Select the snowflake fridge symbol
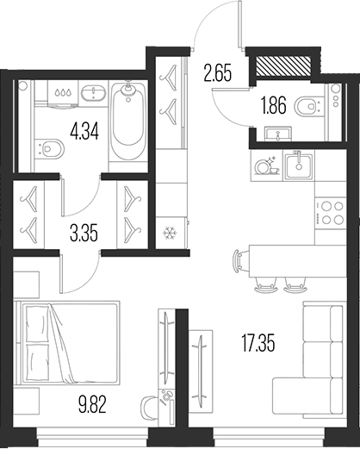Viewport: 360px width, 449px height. (169, 234)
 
